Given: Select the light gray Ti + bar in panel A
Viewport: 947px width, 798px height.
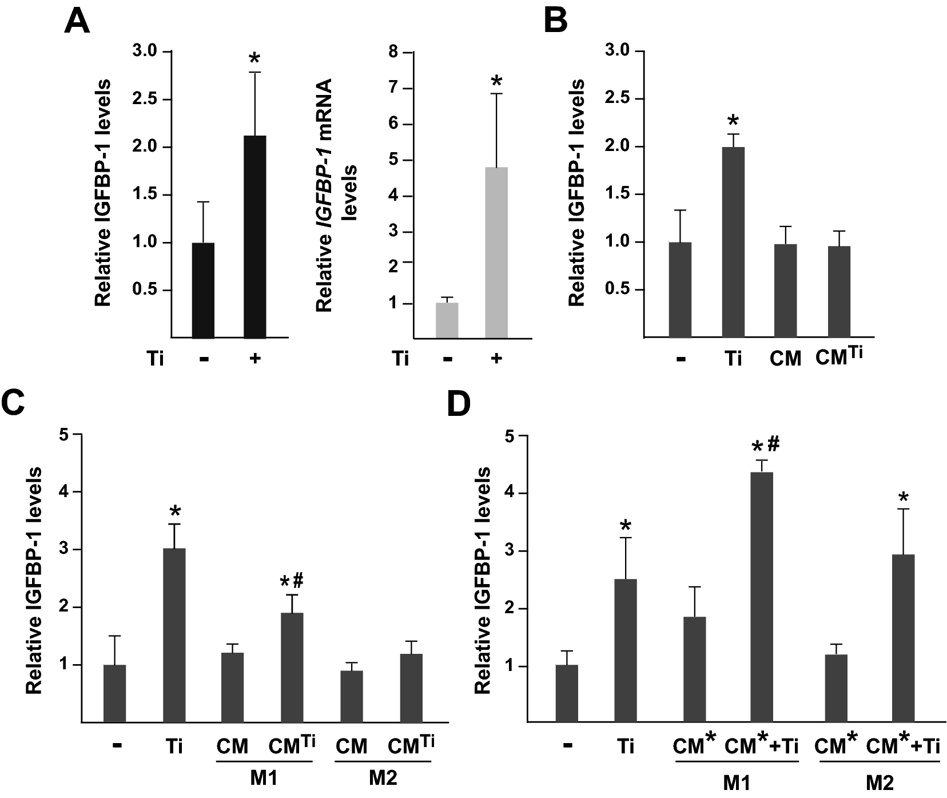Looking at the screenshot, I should (496, 252).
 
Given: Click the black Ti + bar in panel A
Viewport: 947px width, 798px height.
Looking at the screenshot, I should (254, 236).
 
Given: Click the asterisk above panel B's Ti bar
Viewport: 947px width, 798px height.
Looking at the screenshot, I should (733, 121).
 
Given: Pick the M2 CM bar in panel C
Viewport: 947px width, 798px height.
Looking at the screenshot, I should (351, 696).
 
